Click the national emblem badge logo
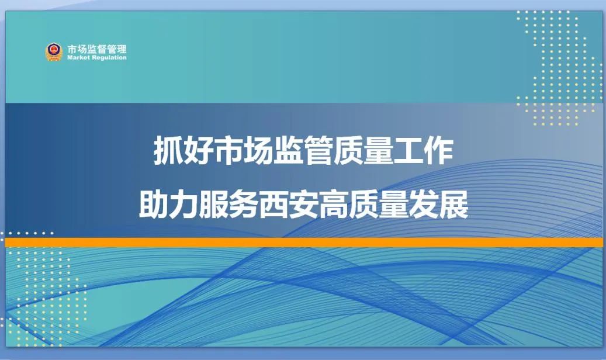(x=54, y=52)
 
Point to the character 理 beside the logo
(x=122, y=49)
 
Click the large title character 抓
(x=168, y=150)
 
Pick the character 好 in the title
(x=198, y=150)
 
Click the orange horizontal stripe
(x=304, y=243)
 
